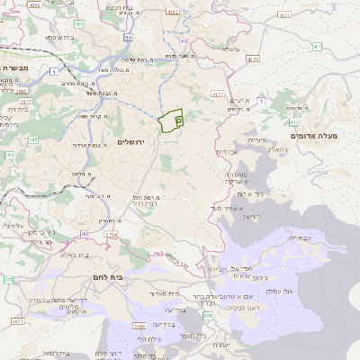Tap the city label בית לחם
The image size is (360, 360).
coord(107,277)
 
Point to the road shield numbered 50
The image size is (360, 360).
coord(129,38)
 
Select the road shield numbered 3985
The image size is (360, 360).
coord(21,90)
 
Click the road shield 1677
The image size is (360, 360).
coord(18,319)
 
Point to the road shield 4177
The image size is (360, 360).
coord(217,94)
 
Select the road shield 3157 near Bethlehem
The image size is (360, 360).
coord(110,235)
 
